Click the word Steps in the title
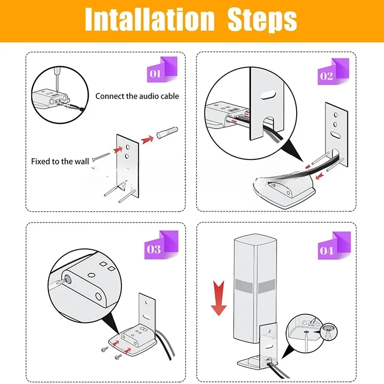coord(262,20)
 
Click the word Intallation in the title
coord(150,20)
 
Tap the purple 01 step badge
coord(162,70)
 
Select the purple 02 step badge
coord(333,72)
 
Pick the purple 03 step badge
coord(161,245)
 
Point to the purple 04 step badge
coord(334,245)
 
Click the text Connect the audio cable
coord(137,96)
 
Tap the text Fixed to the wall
coord(60,161)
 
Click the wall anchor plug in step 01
coord(167,132)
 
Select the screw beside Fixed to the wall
coord(101,157)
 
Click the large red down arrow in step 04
coord(218,298)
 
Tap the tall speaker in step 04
coord(255,288)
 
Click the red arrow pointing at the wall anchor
coord(147,140)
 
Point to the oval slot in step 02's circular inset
coord(268,95)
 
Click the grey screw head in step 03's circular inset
coord(66,279)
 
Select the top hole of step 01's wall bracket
coord(128,147)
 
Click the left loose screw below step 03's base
coord(105,349)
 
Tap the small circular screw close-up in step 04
coord(329,332)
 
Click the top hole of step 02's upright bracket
coord(336,115)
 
